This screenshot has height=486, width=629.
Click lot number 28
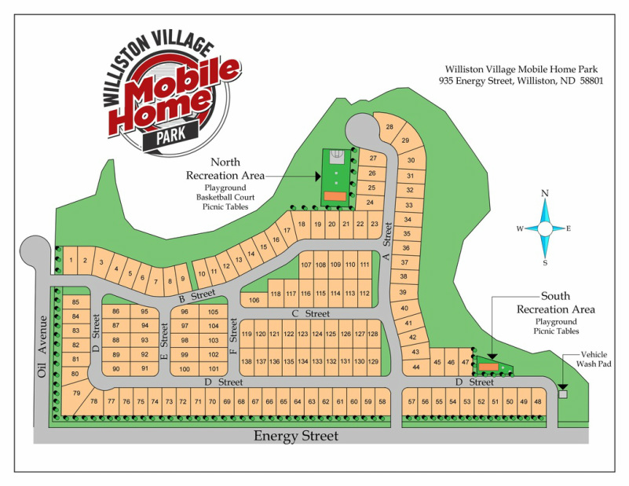[x=389, y=127]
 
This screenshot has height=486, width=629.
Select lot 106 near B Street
[x=254, y=300]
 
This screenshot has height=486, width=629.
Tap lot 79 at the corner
[x=76, y=393]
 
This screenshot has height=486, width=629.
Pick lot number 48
[x=537, y=402]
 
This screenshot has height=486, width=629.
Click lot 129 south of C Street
[x=373, y=361]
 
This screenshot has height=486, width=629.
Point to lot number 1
[x=71, y=260]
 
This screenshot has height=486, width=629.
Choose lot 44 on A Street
[x=415, y=367]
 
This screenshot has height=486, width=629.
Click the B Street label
[x=198, y=295]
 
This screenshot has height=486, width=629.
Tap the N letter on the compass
[x=545, y=193]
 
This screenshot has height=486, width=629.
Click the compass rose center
[x=545, y=228]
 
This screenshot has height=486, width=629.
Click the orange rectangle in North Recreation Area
[x=335, y=195]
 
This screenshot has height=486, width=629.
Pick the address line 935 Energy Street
[x=521, y=81]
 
